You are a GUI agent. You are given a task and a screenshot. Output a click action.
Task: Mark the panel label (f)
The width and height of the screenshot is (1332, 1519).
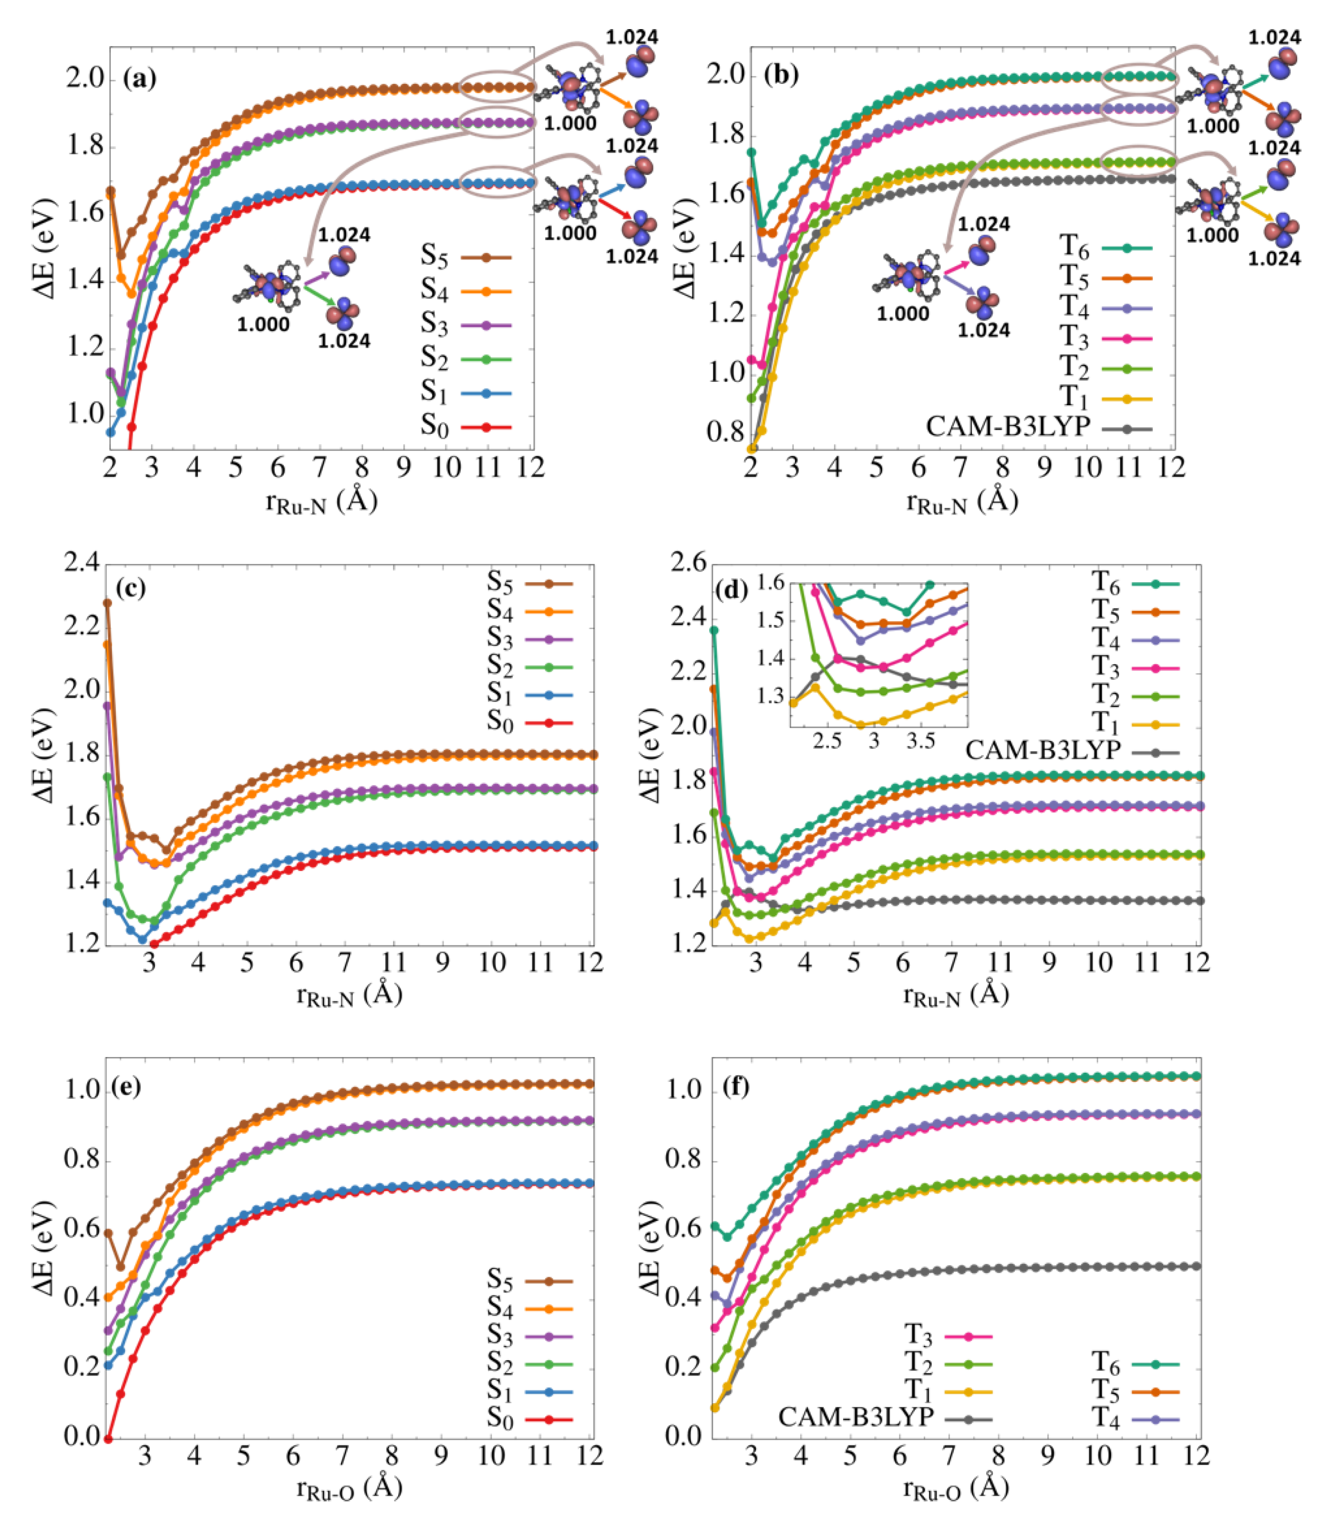736,1087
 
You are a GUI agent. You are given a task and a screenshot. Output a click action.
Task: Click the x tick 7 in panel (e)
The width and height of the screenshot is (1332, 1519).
343,1456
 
